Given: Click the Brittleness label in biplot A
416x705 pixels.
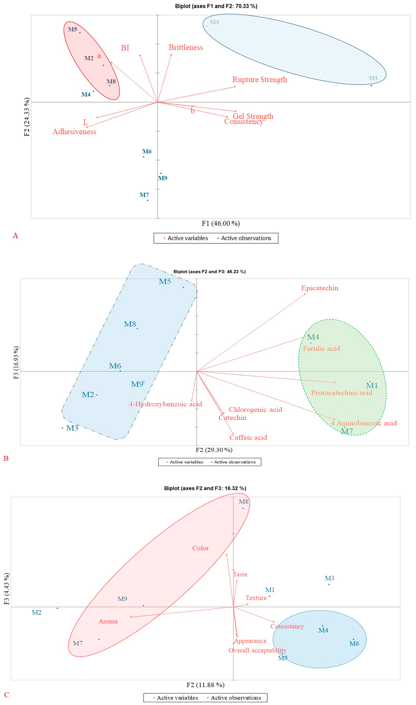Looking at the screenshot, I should [x=186, y=47].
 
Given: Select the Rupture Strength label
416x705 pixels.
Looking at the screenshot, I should [x=260, y=80].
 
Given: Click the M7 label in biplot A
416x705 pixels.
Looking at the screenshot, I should [x=144, y=195].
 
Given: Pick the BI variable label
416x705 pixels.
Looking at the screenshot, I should [x=125, y=48].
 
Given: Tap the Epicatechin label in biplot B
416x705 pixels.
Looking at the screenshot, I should [x=320, y=288].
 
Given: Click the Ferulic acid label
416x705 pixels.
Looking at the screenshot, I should [x=321, y=349].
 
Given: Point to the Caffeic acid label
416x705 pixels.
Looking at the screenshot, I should [x=248, y=437].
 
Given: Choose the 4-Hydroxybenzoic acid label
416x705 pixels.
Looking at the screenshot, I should [x=165, y=404].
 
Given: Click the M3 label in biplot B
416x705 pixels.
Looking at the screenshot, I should [x=72, y=428].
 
